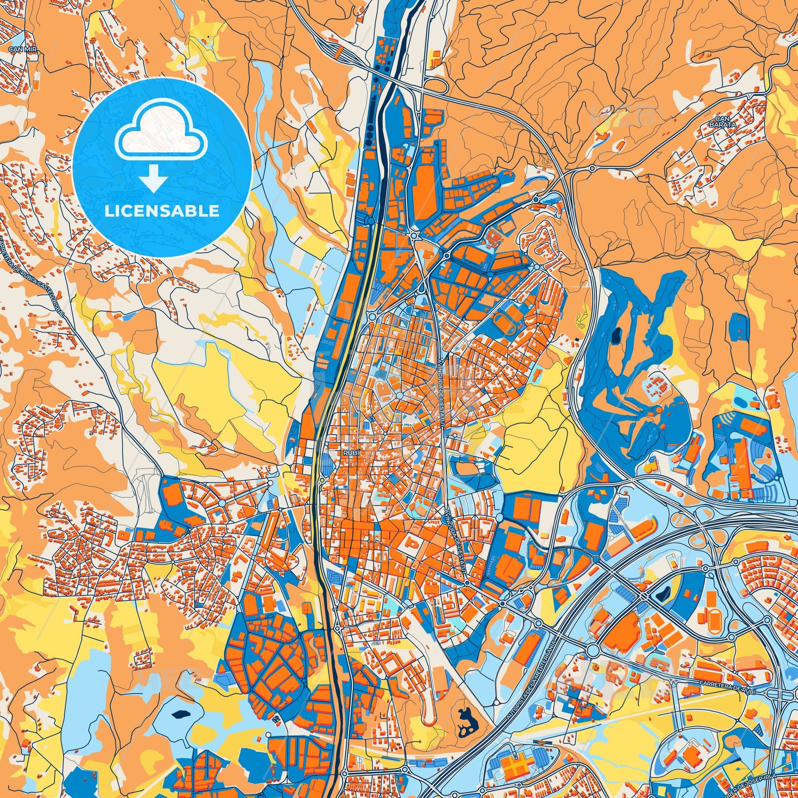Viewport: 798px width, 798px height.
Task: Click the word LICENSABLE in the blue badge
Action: [162, 211]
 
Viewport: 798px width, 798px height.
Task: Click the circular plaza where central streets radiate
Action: [400, 396]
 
